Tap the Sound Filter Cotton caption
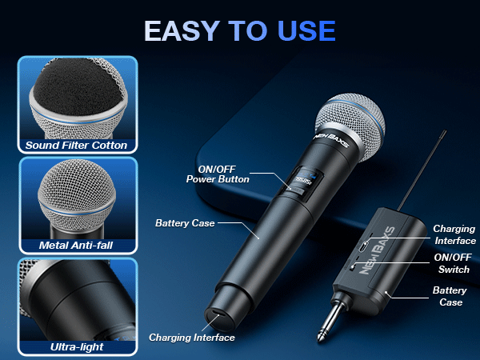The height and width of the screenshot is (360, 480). click(76, 146)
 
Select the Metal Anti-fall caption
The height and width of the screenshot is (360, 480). click(77, 245)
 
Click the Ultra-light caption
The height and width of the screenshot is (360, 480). click(76, 347)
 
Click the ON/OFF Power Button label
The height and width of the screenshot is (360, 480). click(217, 174)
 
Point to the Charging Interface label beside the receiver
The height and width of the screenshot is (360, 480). click(454, 234)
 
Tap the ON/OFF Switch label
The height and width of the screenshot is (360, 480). click(454, 264)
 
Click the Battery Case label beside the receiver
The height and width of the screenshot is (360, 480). click(449, 296)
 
